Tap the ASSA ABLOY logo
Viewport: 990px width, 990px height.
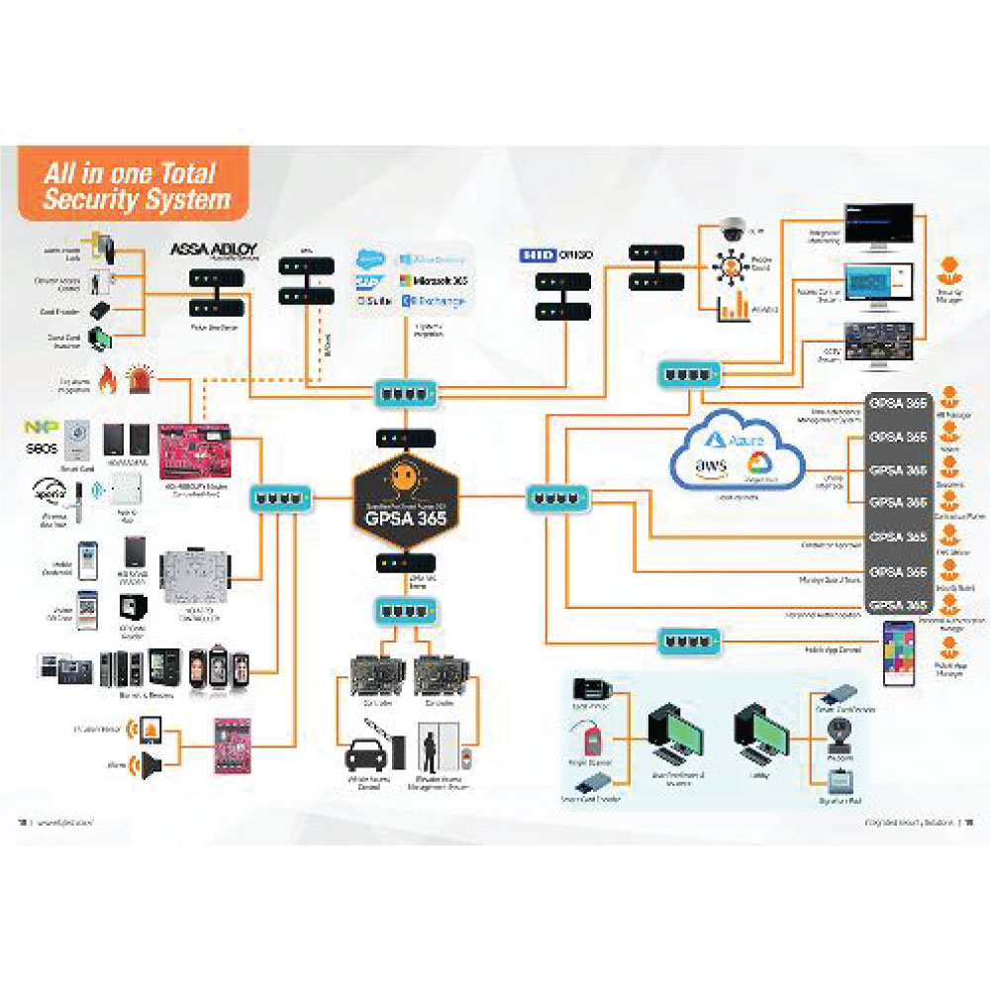pos(215,249)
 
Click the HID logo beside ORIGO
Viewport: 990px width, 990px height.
pos(539,255)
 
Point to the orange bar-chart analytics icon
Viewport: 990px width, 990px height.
pos(733,307)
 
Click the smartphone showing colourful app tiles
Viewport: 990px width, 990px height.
pos(900,645)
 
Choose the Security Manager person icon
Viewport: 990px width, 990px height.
pos(947,268)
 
